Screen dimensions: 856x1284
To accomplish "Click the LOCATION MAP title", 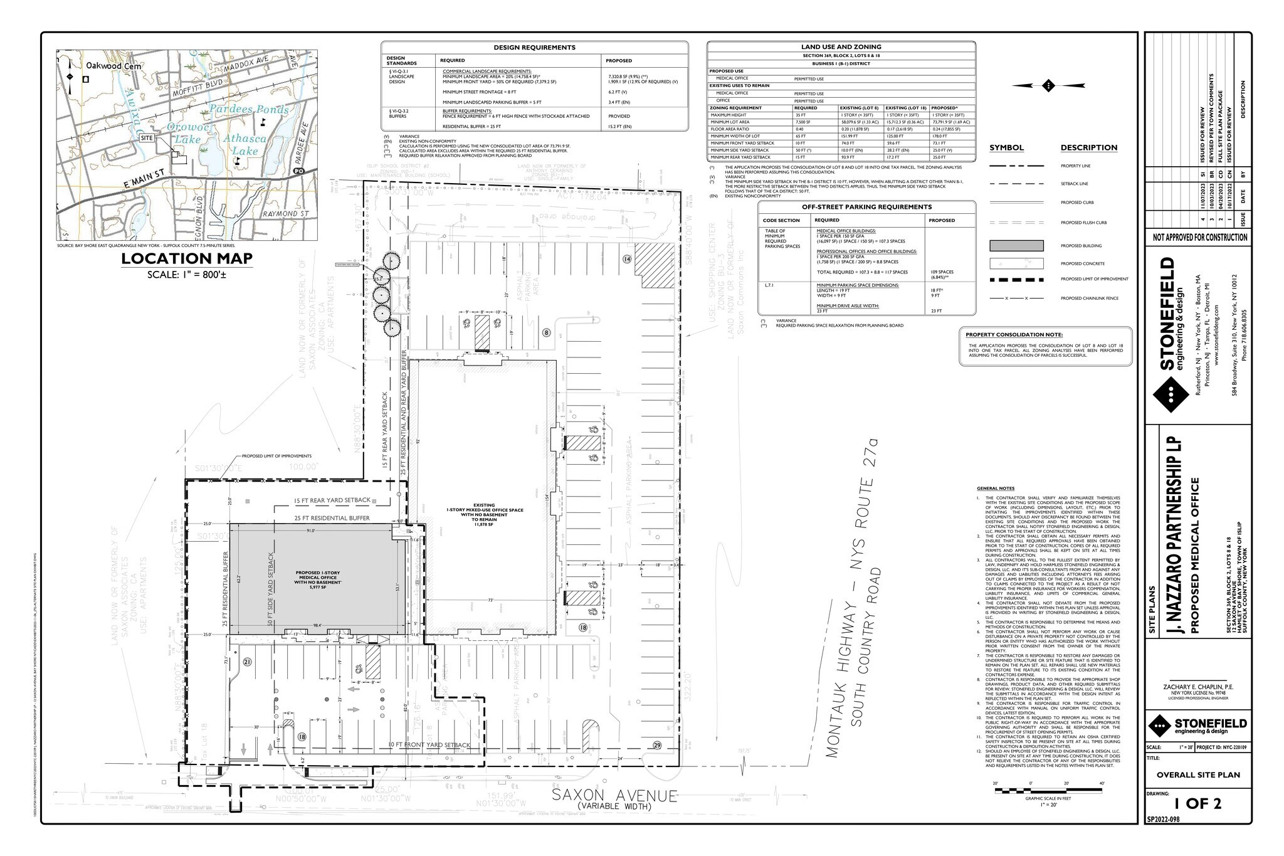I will pos(187,258).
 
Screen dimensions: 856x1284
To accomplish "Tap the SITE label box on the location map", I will pos(147,137).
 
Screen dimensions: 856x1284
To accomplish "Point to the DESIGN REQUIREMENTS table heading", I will pos(534,47).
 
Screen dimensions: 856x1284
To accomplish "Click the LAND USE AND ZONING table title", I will pos(841,46).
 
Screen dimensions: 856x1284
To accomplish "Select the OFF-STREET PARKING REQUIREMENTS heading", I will pos(866,206).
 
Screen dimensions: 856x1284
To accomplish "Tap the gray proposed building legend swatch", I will pos(1016,246).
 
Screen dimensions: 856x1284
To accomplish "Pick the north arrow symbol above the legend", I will pos(1048,85).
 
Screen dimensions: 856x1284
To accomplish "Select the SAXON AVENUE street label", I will pos(614,796).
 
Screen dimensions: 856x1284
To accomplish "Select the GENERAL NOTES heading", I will pos(995,489).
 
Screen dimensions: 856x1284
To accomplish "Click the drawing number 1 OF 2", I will pos(1197,804).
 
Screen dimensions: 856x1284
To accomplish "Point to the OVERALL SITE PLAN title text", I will pos(1198,775).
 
